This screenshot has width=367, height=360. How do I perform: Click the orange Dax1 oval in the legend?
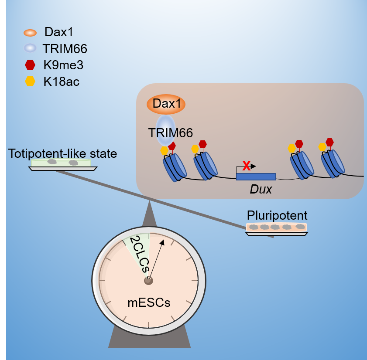(x=30, y=33)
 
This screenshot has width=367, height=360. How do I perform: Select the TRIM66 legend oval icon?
(x=30, y=49)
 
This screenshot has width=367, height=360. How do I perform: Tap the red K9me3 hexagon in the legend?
(x=30, y=65)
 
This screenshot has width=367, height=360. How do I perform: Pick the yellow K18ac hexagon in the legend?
(x=30, y=82)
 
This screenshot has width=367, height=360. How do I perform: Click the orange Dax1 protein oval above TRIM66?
(x=166, y=105)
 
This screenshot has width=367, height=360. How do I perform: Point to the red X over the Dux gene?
(x=247, y=166)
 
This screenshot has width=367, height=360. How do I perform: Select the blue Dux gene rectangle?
(x=256, y=177)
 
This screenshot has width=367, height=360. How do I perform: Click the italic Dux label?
(x=261, y=190)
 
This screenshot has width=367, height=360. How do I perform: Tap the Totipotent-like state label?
(x=62, y=153)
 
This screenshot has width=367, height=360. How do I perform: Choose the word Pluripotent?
(x=277, y=215)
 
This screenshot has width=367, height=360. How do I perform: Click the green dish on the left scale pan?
(x=61, y=163)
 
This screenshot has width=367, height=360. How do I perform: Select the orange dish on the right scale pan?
(x=276, y=227)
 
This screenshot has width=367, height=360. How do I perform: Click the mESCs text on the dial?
(x=148, y=302)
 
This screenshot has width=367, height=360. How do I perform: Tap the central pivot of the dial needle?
(x=148, y=280)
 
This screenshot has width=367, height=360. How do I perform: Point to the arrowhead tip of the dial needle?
(x=163, y=241)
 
